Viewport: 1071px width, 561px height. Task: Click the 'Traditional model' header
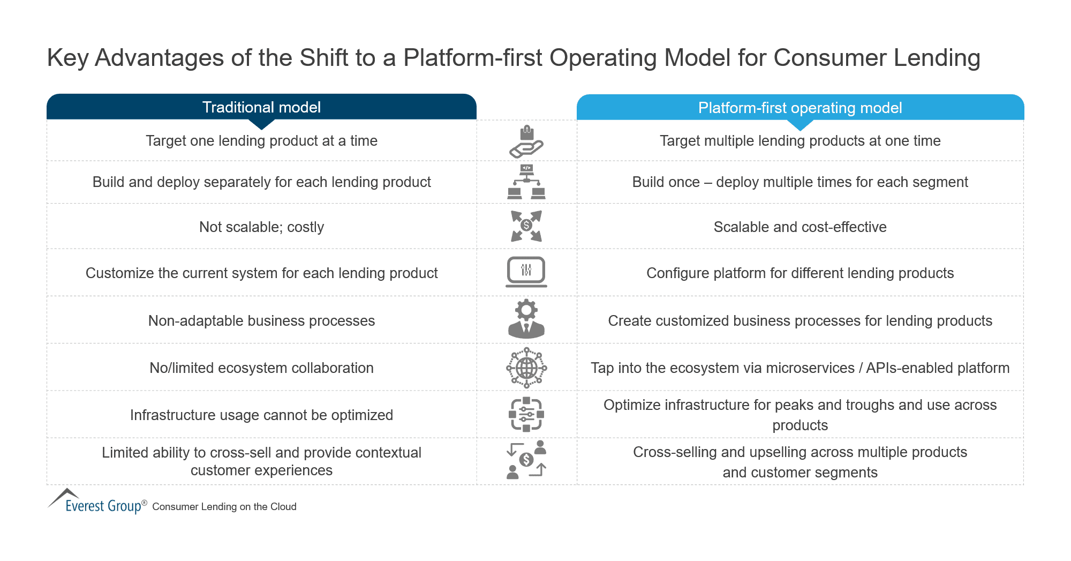tap(261, 107)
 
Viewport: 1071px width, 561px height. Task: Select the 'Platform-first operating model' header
tap(800, 108)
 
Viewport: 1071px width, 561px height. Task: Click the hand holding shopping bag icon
tap(526, 141)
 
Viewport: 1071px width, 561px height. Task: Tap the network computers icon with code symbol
tap(526, 182)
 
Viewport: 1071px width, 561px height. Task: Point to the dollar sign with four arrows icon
tap(526, 226)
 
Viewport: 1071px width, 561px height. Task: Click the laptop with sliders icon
tap(526, 272)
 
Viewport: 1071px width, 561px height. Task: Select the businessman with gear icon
tap(526, 319)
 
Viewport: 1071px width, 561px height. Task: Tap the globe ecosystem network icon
tap(526, 368)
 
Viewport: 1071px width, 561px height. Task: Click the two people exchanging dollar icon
tap(526, 460)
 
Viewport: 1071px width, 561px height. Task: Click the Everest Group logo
tap(96, 503)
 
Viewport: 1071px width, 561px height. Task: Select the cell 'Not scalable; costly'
tap(261, 227)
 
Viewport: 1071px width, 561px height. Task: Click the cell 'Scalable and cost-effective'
tap(800, 227)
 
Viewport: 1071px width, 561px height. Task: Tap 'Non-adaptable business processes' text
tap(261, 321)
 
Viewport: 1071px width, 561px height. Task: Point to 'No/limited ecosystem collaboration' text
tap(261, 368)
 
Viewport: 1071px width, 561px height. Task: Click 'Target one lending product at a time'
tap(261, 141)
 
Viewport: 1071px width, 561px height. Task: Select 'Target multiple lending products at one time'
tap(800, 141)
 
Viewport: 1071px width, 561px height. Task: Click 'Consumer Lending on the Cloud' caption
tap(224, 507)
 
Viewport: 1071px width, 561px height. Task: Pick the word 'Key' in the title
tap(67, 58)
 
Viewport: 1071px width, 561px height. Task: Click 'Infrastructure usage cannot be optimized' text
tap(261, 415)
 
